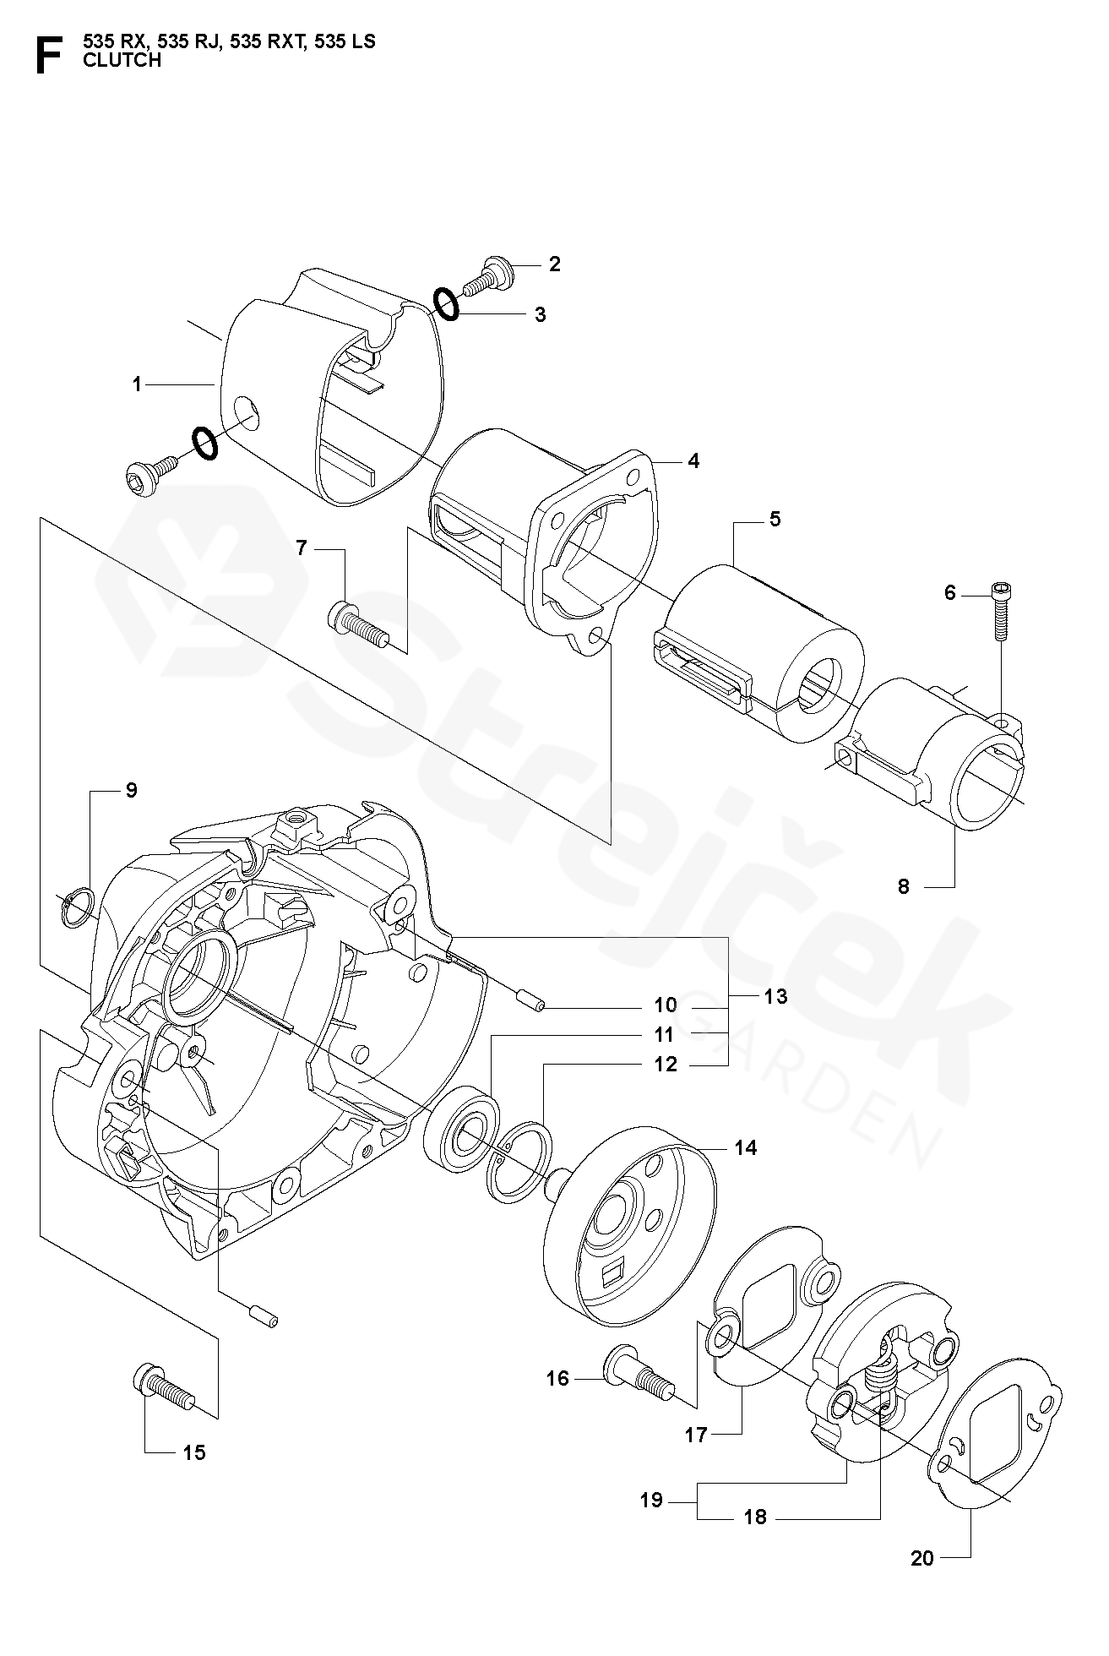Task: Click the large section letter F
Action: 47,56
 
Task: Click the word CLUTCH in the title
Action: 122,60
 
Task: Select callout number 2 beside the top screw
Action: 554,264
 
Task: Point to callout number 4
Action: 693,461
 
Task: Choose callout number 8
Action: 904,887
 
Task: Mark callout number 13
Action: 775,997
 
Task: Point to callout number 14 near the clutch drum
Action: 746,1147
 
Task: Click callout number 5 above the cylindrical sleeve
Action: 775,519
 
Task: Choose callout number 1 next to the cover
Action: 137,384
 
